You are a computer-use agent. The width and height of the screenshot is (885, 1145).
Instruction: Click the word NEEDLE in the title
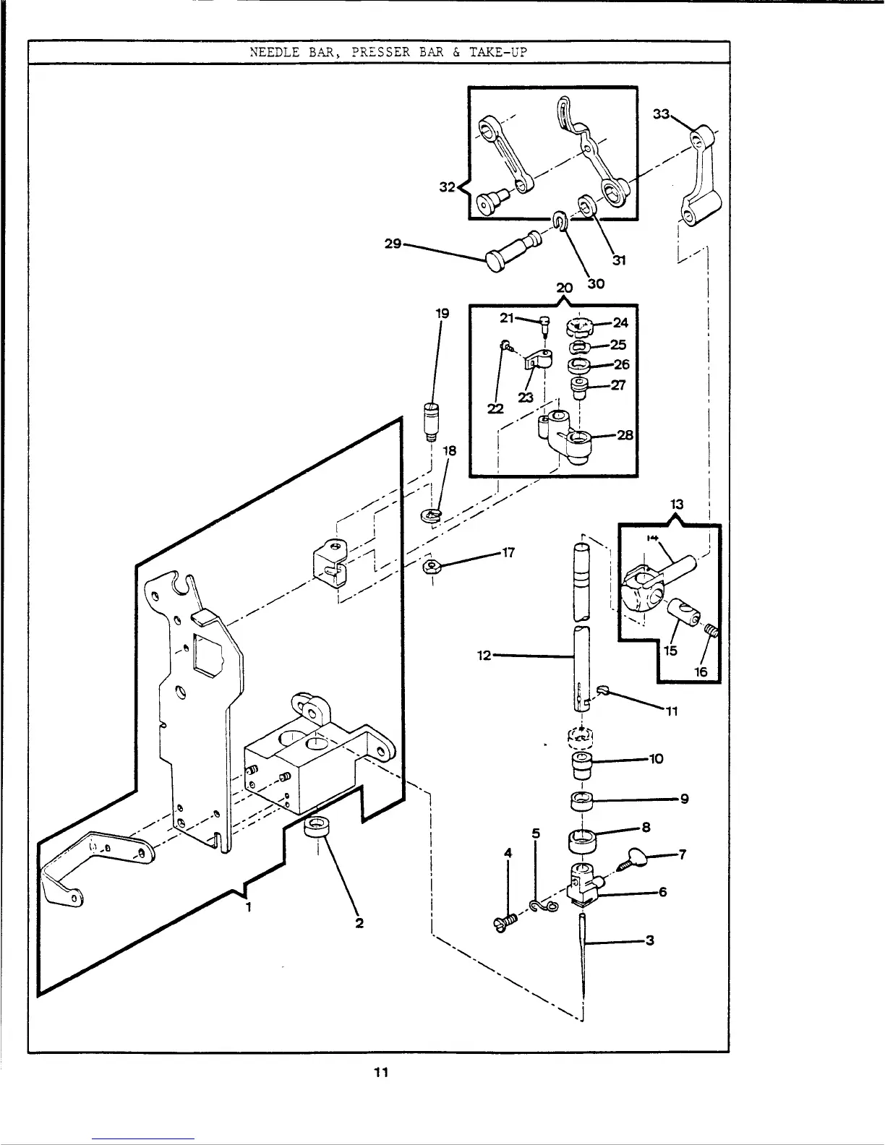point(271,53)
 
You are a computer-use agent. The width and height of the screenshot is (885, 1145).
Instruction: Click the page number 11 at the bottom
point(381,1073)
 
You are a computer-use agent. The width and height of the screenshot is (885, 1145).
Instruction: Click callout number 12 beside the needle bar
point(484,656)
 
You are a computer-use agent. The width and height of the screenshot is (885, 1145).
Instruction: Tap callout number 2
point(359,923)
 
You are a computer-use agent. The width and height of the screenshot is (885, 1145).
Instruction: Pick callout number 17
point(508,553)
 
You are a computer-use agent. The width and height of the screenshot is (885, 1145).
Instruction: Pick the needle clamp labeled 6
point(584,883)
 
